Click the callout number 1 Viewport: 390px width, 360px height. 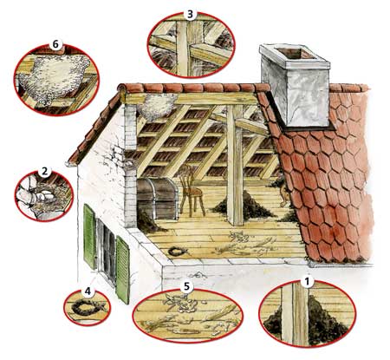[308, 281]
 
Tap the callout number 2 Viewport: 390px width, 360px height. [44, 172]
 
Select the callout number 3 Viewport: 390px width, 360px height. [190, 14]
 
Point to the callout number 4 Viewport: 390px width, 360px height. [88, 291]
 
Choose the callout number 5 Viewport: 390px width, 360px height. [186, 286]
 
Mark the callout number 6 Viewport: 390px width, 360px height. [55, 45]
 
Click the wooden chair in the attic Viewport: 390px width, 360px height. [192, 190]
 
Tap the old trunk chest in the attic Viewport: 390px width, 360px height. [157, 198]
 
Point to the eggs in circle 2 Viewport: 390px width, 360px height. [45, 196]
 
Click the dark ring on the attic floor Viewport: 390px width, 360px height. [176, 252]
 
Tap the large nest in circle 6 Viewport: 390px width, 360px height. [55, 76]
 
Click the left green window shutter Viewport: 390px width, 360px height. [89, 236]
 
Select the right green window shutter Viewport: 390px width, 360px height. [122, 270]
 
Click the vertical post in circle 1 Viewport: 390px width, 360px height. [296, 314]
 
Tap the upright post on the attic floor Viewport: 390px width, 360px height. [235, 166]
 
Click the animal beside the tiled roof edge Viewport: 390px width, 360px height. [283, 194]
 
